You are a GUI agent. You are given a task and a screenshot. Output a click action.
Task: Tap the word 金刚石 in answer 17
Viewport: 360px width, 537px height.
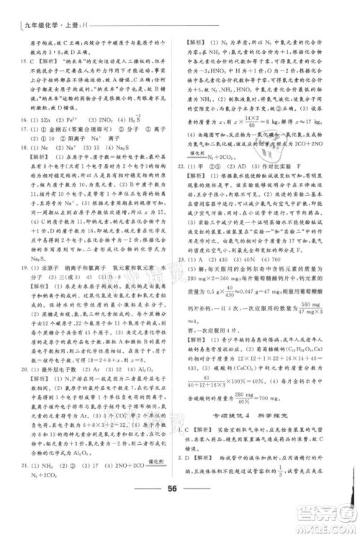click(66, 130)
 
